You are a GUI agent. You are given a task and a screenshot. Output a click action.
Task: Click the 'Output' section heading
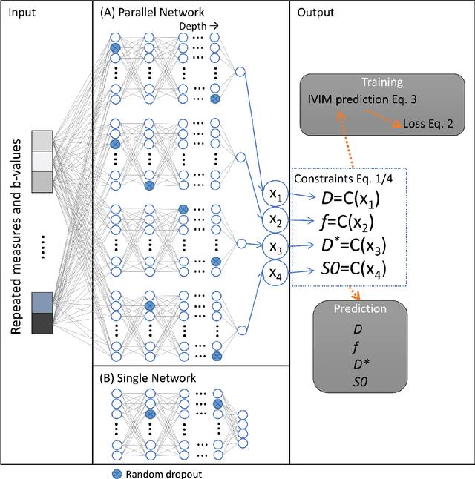315,13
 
